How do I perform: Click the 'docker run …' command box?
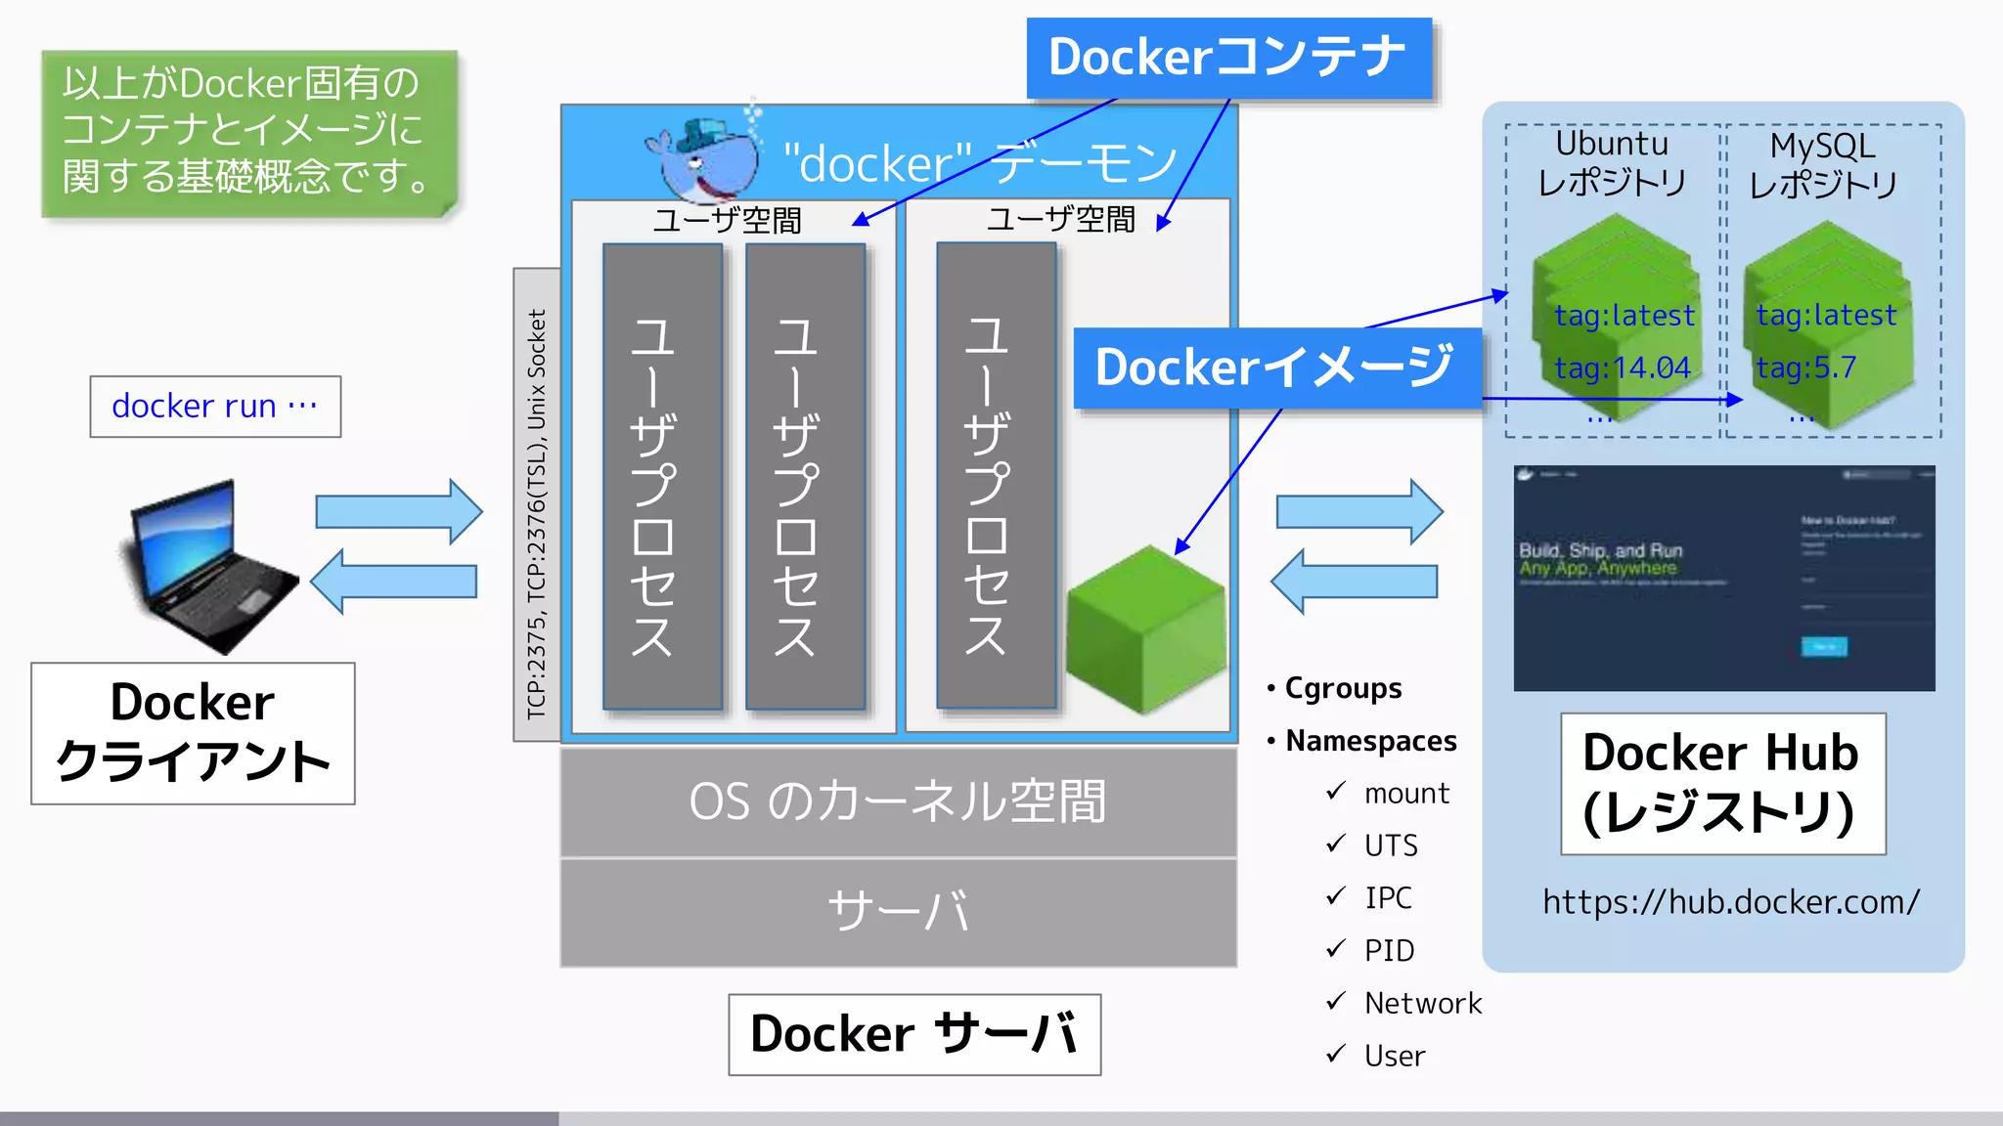(x=215, y=406)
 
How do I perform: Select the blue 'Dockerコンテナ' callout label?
(x=1228, y=57)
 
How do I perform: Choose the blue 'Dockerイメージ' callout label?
(x=1275, y=368)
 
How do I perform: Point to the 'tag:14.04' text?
(x=1623, y=368)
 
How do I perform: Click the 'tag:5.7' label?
(x=1805, y=368)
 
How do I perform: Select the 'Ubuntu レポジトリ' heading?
(x=1612, y=163)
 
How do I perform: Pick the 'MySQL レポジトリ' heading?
(x=1822, y=164)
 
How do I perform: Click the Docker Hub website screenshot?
(x=1723, y=579)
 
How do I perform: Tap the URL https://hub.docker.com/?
(x=1731, y=901)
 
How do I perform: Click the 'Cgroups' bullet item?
(x=1342, y=688)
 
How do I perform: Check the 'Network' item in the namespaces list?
(x=1422, y=1003)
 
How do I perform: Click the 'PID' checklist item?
(x=1389, y=950)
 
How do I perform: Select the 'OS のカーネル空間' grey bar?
(x=898, y=801)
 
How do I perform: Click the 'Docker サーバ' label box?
(x=914, y=1034)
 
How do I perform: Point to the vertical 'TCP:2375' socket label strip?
(x=537, y=504)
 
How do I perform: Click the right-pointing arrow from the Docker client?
(x=398, y=511)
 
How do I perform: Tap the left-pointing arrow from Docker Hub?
(x=1355, y=582)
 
